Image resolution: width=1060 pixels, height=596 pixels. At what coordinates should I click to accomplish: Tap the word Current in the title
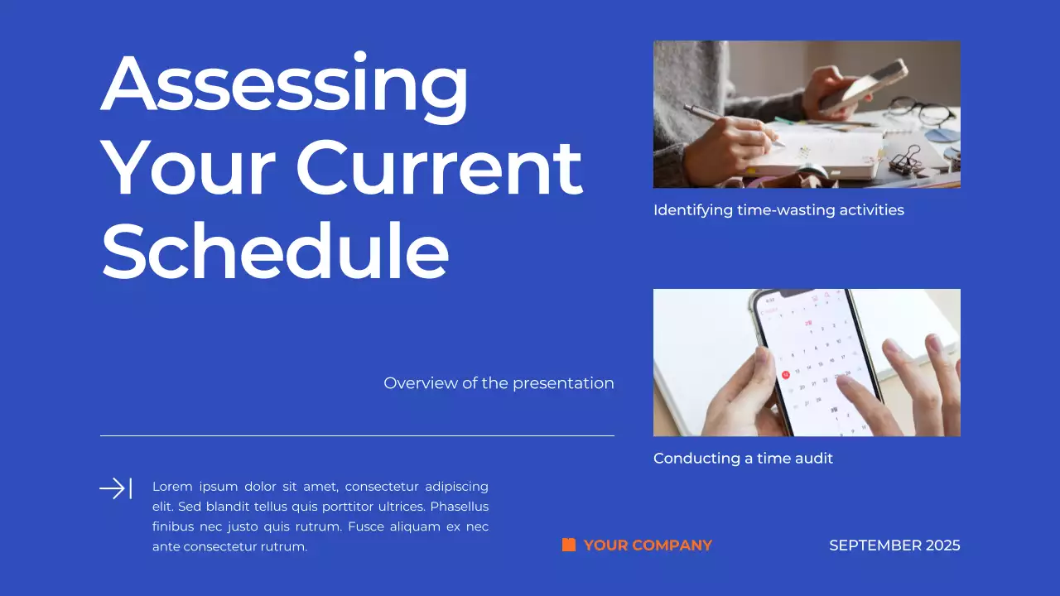(439, 167)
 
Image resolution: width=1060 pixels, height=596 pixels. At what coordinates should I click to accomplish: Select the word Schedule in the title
(275, 250)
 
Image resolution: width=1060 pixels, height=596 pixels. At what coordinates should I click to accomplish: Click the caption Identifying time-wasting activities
(778, 210)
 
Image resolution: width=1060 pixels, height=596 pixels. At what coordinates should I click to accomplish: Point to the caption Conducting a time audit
(743, 459)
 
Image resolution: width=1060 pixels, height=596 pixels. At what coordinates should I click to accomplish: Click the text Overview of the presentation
(499, 383)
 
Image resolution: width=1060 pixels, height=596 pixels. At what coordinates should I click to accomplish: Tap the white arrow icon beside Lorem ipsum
(115, 488)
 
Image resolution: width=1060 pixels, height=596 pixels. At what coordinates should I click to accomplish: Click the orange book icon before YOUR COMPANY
(569, 545)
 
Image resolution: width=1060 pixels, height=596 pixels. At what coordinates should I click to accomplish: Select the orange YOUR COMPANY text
(648, 546)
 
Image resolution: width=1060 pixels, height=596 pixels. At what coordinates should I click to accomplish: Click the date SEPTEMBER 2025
(894, 546)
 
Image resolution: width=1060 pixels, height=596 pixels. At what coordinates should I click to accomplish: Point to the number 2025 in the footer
(943, 546)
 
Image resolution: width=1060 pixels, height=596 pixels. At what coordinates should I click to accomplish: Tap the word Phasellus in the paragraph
(460, 507)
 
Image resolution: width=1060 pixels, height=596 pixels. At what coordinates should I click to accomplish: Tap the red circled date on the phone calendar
(785, 374)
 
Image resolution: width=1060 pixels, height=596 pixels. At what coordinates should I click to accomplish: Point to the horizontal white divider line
(357, 435)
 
